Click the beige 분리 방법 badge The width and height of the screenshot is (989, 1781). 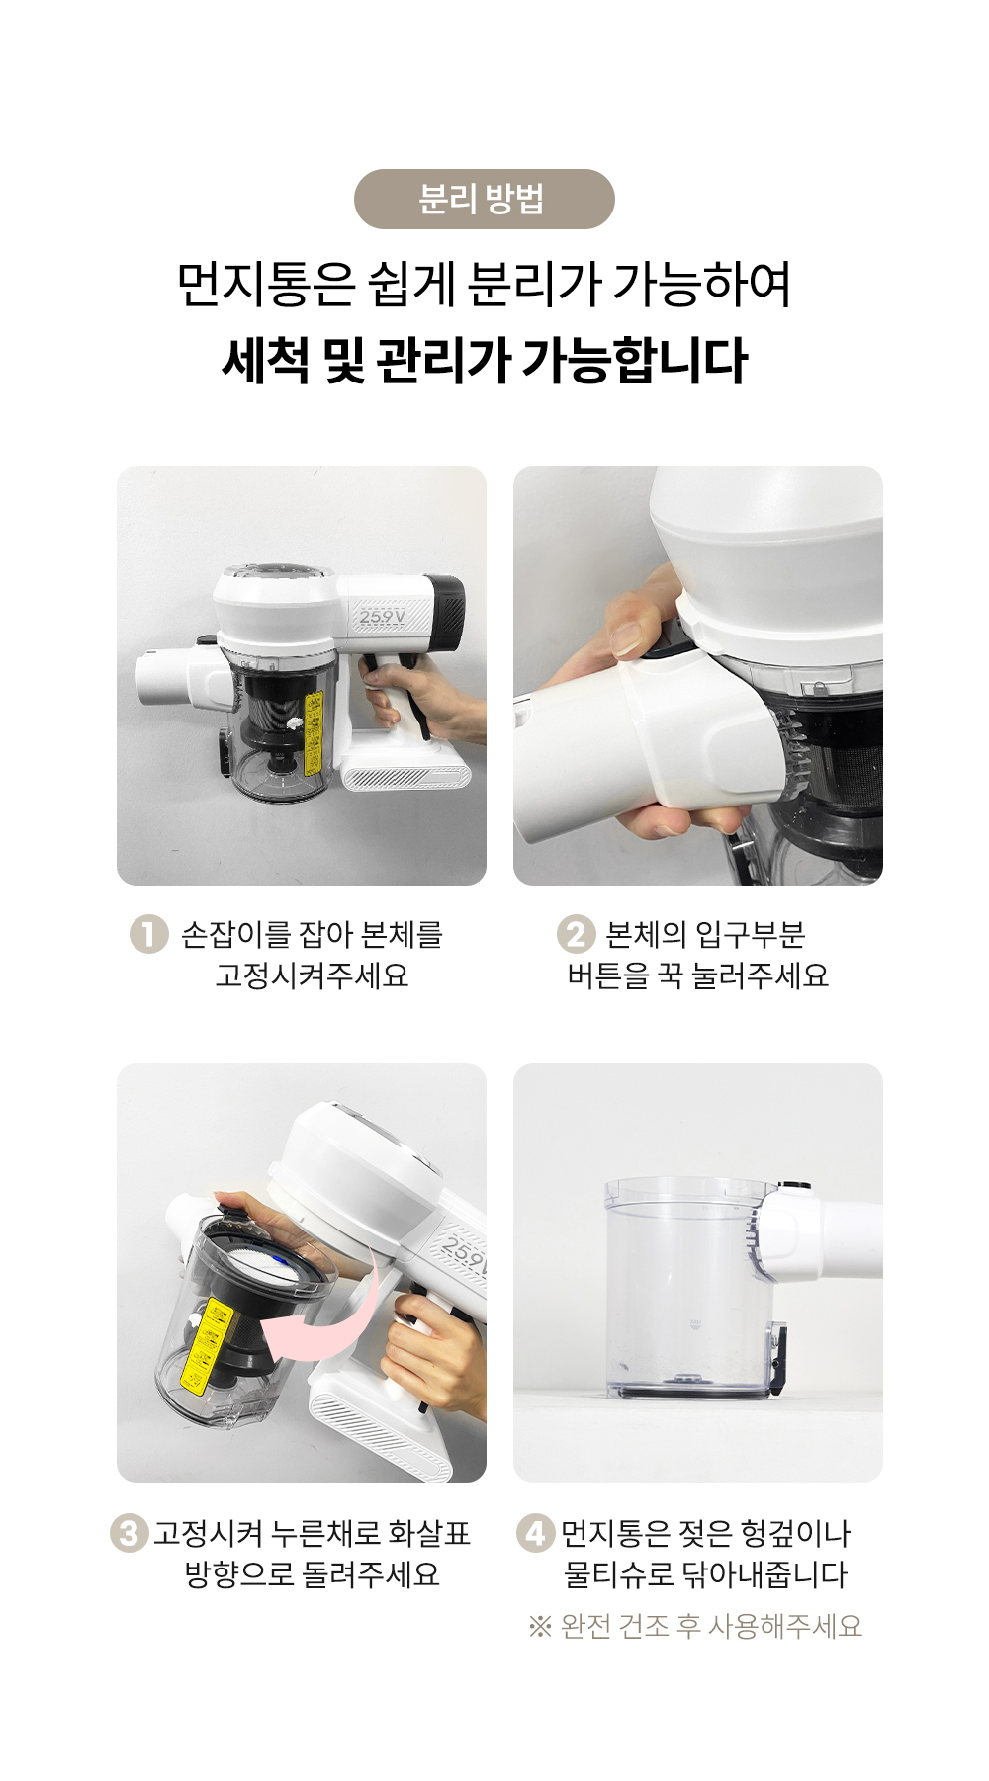(x=484, y=199)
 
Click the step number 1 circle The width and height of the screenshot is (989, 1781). (x=148, y=934)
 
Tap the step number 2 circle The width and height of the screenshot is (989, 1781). (x=576, y=934)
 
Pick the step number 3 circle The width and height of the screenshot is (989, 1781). (x=129, y=1533)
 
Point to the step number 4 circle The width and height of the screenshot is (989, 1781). (x=535, y=1533)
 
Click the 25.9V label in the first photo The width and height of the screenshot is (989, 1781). (x=382, y=617)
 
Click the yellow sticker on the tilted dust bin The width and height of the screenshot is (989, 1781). (x=209, y=1345)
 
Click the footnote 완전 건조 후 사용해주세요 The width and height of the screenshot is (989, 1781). (x=711, y=1626)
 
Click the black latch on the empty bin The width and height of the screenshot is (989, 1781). (x=778, y=1355)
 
